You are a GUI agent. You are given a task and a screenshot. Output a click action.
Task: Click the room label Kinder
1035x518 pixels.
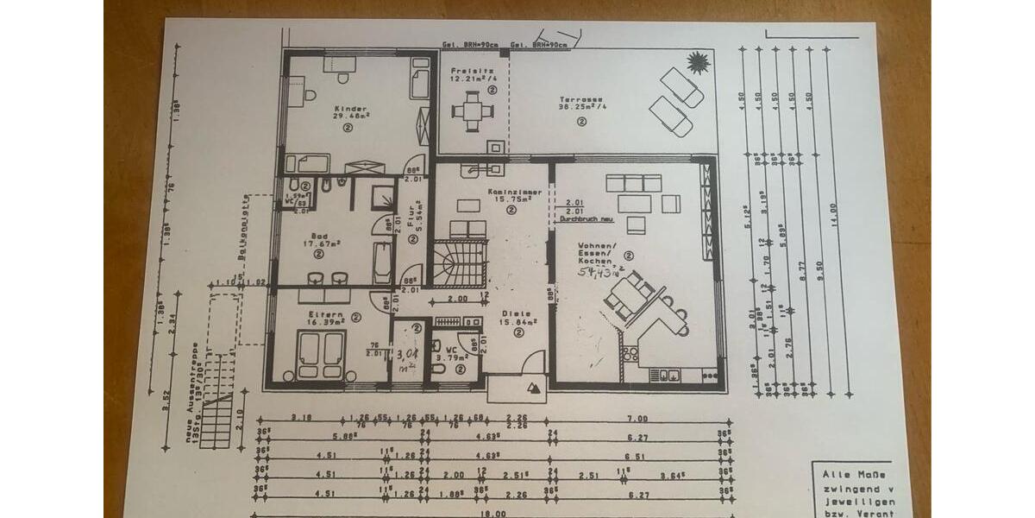(350, 110)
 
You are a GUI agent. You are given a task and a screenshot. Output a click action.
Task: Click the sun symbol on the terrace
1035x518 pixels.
(696, 62)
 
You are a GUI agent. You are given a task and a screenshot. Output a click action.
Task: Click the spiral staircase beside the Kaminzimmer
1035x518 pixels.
(460, 262)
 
